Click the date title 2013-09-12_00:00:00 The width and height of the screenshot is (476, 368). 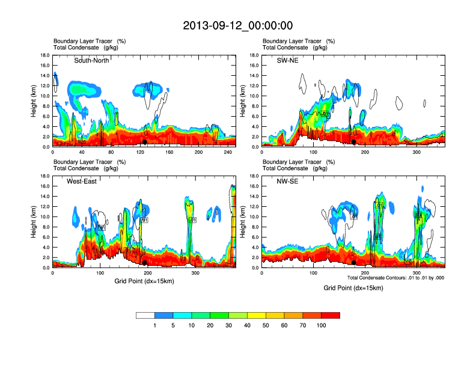(237, 25)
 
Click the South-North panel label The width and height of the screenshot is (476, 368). (91, 60)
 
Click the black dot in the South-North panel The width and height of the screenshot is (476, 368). (144, 142)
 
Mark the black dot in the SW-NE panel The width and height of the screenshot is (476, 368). (354, 142)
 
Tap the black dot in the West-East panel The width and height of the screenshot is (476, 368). (144, 263)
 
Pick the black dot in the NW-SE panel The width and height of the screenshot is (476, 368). (354, 263)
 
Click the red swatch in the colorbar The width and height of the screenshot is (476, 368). (331, 315)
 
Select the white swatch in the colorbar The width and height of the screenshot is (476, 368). (145, 315)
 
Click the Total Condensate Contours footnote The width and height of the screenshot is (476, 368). (395, 277)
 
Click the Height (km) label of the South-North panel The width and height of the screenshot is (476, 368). (35, 101)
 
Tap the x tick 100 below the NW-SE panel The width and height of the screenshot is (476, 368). (313, 273)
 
